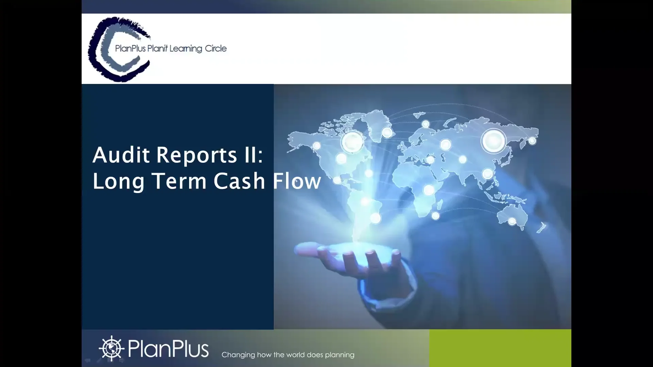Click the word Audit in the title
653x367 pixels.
pyautogui.click(x=121, y=155)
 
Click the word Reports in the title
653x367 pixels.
pyautogui.click(x=196, y=155)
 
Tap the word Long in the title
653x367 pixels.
pyautogui.click(x=118, y=181)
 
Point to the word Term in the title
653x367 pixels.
pyautogui.click(x=179, y=181)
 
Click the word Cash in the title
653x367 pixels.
pyautogui.click(x=239, y=181)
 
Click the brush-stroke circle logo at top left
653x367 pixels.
pyautogui.click(x=112, y=49)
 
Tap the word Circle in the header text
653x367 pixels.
pyautogui.click(x=216, y=49)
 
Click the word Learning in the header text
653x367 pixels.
pyautogui.click(x=186, y=49)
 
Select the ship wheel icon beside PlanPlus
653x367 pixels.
pyautogui.click(x=111, y=348)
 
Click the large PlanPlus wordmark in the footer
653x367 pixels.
pyautogui.click(x=168, y=349)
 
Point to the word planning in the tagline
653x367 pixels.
pyautogui.click(x=339, y=355)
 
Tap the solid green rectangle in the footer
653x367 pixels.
pyautogui.click(x=500, y=348)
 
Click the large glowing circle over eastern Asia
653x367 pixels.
pyautogui.click(x=493, y=141)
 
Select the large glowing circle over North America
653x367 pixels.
pyautogui.click(x=352, y=142)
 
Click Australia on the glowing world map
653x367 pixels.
pyautogui.click(x=512, y=216)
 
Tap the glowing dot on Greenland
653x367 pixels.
pyautogui.click(x=387, y=133)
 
